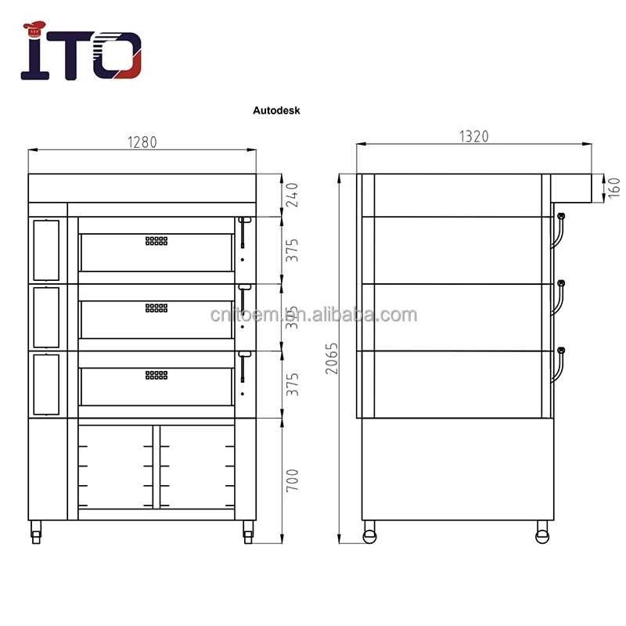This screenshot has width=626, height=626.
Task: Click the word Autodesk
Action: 276,111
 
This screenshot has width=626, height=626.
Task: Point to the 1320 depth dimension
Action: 473,136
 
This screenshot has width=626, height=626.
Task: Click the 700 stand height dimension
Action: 293,479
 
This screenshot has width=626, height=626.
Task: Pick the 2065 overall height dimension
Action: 332,358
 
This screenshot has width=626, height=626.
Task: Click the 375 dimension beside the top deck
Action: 293,250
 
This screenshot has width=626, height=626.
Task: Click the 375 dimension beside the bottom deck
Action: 293,383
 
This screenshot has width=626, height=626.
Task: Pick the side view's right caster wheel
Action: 541,535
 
